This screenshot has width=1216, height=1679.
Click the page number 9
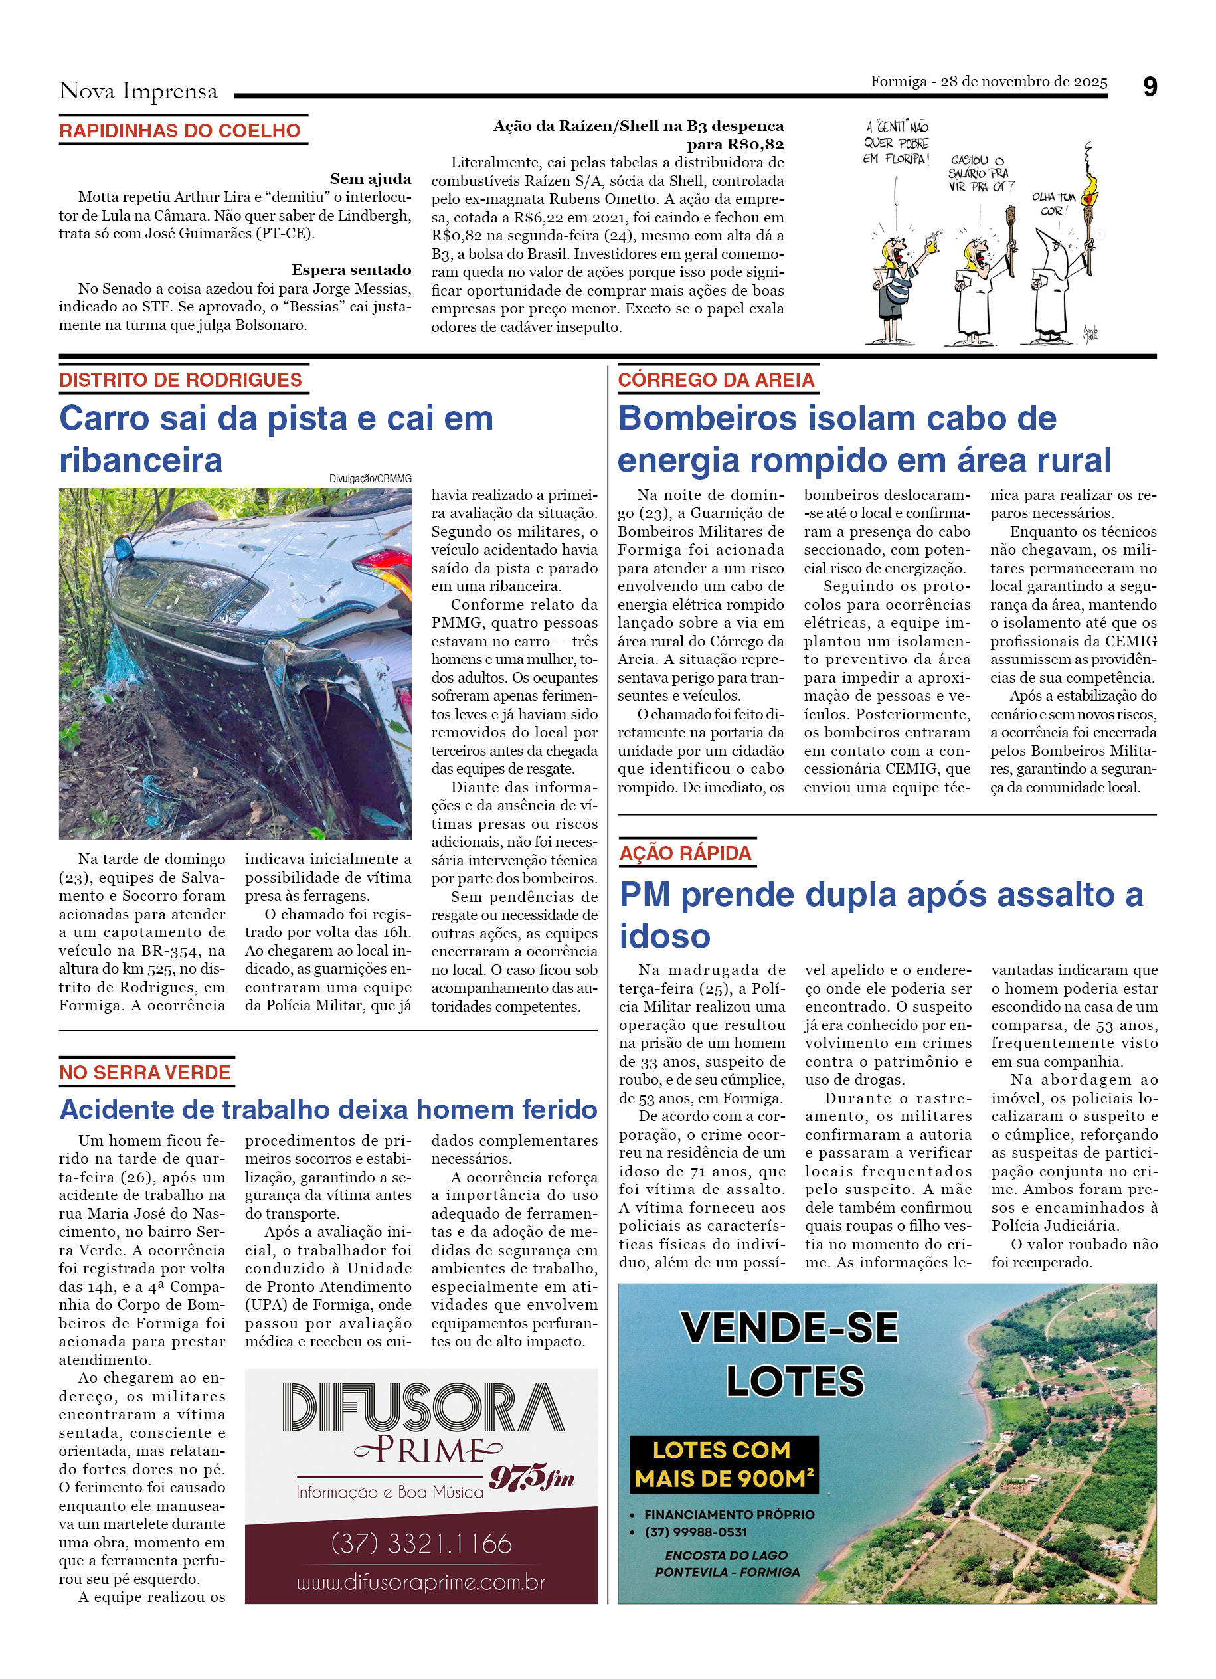1150,88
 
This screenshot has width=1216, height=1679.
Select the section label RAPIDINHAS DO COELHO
180,131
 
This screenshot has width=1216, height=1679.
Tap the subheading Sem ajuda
370,179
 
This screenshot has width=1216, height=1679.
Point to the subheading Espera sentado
351,270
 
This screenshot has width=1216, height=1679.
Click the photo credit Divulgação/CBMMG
370,479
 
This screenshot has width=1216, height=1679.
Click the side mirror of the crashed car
122,549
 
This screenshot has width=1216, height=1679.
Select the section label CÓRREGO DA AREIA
716,380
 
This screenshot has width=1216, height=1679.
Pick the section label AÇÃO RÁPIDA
685,853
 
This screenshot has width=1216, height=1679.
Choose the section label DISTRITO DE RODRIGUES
181,380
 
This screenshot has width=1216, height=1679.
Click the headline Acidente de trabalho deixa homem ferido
328,1110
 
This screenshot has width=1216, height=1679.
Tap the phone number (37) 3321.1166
421,1544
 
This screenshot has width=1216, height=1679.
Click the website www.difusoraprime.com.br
420,1583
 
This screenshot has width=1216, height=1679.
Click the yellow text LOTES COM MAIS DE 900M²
724,1464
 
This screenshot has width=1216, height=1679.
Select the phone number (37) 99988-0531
696,1532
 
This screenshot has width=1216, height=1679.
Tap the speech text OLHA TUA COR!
1053,204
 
